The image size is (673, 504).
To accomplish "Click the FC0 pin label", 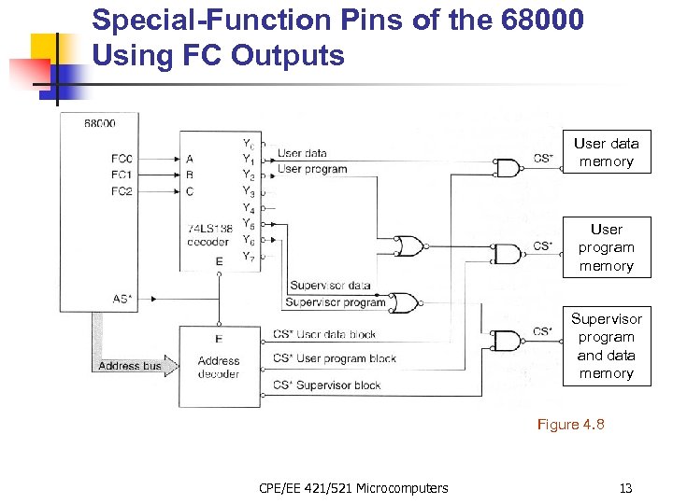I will pyautogui.click(x=122, y=159).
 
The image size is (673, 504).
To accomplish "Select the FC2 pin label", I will pyautogui.click(x=122, y=191).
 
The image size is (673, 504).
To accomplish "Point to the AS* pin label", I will pyautogui.click(x=122, y=299).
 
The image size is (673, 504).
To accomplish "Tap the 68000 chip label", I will pyautogui.click(x=100, y=123).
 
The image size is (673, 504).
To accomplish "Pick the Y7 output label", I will pyautogui.click(x=248, y=256).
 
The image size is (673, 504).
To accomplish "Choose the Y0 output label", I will pyautogui.click(x=248, y=144).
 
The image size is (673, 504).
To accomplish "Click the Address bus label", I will pyautogui.click(x=130, y=366).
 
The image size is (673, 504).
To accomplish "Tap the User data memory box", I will pyautogui.click(x=607, y=152).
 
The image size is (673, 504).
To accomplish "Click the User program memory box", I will pyautogui.click(x=607, y=247).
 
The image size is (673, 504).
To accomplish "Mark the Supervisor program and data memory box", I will pyautogui.click(x=607, y=346).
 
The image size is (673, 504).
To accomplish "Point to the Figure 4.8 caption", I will pyautogui.click(x=570, y=425).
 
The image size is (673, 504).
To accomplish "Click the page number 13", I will pyautogui.click(x=625, y=487).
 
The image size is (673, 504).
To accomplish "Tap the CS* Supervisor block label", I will pyautogui.click(x=327, y=385).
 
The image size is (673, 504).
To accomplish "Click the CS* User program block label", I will pyautogui.click(x=335, y=358).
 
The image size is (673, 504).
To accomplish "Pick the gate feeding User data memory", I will pyautogui.click(x=508, y=168).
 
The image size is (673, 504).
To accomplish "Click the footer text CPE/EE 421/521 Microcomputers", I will pyautogui.click(x=353, y=487).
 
